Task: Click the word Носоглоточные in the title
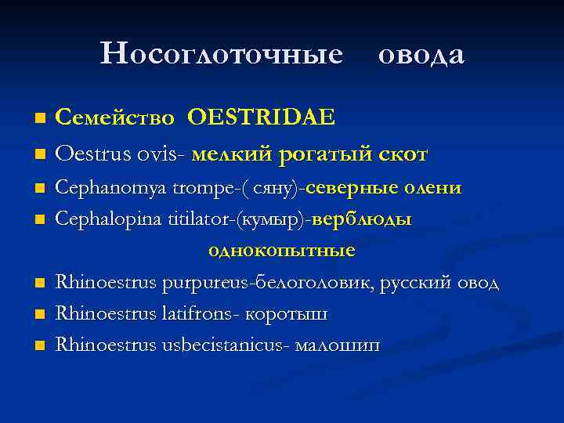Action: point(222,54)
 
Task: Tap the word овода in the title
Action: point(421,54)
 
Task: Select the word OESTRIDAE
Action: point(261,117)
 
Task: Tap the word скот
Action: point(401,154)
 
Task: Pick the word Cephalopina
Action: point(104,220)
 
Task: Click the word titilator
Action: point(196,220)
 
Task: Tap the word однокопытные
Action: point(281,251)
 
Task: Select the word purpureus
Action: point(200,283)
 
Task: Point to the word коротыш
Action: point(286,314)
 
